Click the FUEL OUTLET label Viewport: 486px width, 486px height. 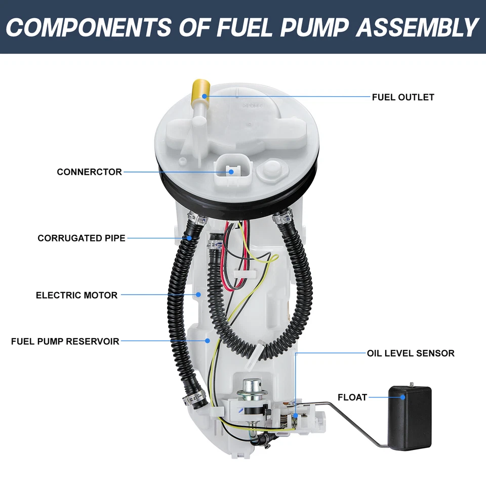point(402,97)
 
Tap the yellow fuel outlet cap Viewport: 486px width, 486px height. point(199,91)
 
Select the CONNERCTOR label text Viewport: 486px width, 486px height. point(89,172)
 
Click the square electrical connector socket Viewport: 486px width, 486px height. point(231,172)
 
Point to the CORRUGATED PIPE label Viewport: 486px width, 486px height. point(81,238)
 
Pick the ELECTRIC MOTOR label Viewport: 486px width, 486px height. point(76,295)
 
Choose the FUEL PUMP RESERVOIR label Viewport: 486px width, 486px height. point(65,342)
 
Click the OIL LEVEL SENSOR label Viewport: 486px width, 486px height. point(411,353)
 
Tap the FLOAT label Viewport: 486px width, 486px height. point(352,397)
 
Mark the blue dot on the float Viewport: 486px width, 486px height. point(403,397)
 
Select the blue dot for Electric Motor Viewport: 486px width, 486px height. point(198,294)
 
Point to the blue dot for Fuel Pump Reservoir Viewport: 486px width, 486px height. point(207,341)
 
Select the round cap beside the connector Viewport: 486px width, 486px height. point(269,171)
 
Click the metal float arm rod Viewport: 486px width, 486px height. point(354,420)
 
